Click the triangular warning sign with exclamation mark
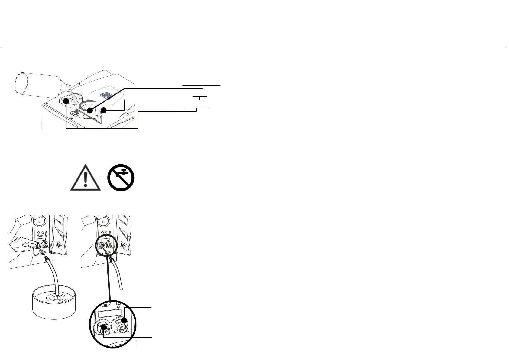(x=86, y=178)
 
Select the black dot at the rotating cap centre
(x=90, y=111)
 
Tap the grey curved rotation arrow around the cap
(x=82, y=106)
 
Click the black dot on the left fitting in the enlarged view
(x=104, y=327)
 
